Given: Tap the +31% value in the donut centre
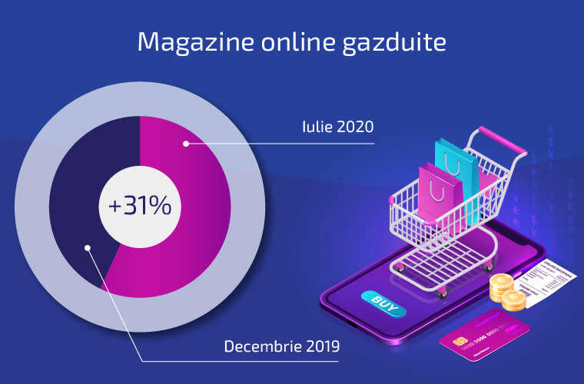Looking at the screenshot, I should [x=140, y=206].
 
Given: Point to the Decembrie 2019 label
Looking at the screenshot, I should [x=282, y=346].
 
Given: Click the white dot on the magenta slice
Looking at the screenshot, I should [x=185, y=143].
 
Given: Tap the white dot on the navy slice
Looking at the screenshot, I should [x=88, y=248].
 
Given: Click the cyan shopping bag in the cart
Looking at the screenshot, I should [x=455, y=165].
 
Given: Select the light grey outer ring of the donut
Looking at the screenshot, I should [x=31, y=207].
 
